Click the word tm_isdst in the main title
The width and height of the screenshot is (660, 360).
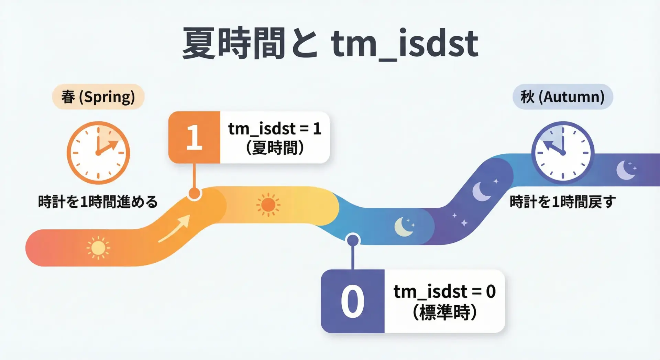[405, 43]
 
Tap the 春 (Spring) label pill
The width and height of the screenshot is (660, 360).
[98, 97]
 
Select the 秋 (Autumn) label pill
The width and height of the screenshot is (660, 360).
[563, 97]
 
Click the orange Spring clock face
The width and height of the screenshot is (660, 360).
[98, 153]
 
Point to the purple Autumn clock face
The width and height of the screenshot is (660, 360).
[563, 153]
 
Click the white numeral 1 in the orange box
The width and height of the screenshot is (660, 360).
[194, 138]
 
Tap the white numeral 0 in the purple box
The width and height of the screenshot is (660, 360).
[352, 302]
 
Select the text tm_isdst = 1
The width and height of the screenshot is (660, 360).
[275, 129]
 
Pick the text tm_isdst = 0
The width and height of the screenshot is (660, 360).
[445, 292]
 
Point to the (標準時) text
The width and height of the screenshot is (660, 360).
[445, 312]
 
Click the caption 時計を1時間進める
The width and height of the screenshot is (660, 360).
[98, 201]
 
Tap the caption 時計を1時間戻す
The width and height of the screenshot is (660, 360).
[563, 201]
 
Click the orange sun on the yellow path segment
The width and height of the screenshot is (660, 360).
[268, 205]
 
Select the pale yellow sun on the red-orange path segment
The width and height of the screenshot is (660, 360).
[98, 248]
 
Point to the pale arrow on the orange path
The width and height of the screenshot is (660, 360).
[174, 229]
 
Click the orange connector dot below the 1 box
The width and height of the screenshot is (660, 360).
[195, 194]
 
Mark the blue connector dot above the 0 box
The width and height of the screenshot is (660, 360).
[353, 240]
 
